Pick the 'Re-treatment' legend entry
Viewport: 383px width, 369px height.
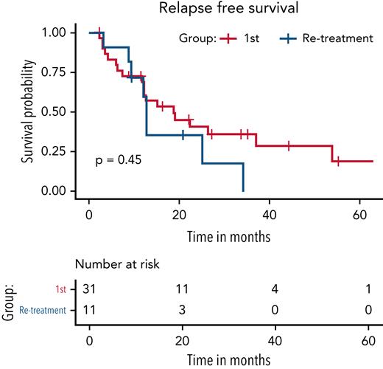pyautogui.click(x=323, y=38)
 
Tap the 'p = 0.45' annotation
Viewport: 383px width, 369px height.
pyautogui.click(x=117, y=159)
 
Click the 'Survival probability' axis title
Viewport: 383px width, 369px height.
pyautogui.click(x=27, y=111)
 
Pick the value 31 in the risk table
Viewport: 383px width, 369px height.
pyautogui.click(x=89, y=287)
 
